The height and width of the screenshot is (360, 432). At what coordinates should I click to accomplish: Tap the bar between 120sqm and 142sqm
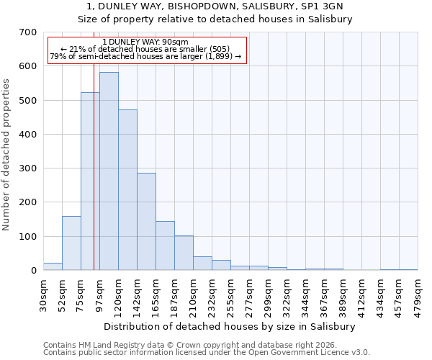pos(127,190)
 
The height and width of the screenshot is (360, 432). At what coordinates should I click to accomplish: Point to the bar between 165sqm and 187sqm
pos(165,246)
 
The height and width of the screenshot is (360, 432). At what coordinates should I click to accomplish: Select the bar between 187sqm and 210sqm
pos(184,253)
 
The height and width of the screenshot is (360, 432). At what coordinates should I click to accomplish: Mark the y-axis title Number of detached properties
pos(6,155)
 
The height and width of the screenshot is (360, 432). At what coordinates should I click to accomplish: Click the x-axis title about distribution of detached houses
pos(230,326)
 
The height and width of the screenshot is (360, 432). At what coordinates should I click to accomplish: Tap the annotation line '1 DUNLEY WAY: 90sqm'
pos(146,42)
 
